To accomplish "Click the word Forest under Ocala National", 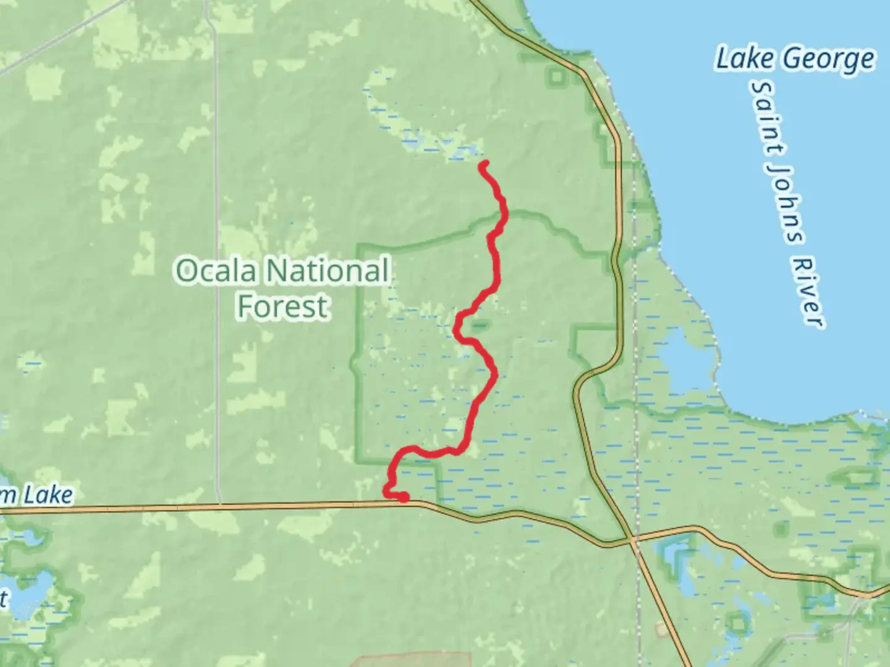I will (x=282, y=306).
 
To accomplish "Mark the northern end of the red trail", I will (x=484, y=164).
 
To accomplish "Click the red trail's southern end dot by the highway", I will (x=403, y=497).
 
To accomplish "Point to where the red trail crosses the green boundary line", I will (x=504, y=214).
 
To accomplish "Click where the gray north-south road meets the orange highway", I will (x=219, y=505).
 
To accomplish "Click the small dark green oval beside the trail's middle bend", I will (x=480, y=323).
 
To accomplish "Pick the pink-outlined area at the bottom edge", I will (x=414, y=660).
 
